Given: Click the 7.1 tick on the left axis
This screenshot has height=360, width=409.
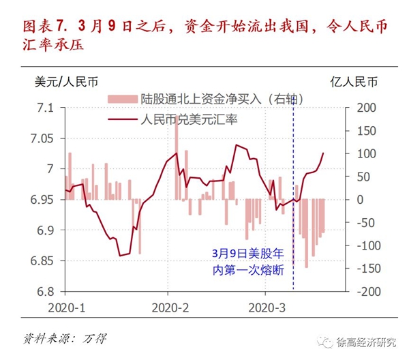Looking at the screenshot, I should click(45, 108).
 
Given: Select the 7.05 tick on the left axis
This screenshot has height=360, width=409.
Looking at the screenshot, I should click(42, 139).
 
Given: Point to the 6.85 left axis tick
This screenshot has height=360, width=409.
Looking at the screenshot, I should click(42, 261).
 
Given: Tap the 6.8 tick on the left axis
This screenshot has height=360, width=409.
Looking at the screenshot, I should click(45, 292).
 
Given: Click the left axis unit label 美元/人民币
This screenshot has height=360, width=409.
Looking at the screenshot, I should click(65, 82).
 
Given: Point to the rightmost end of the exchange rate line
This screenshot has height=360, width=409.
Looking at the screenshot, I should click(323, 153).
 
